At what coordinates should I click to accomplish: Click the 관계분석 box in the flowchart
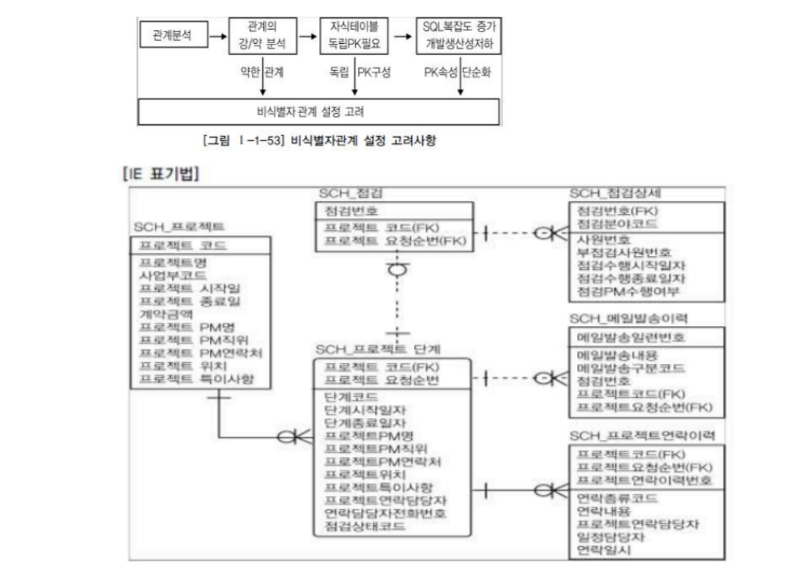click(x=172, y=35)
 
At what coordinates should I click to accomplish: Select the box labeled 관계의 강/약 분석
click(x=263, y=35)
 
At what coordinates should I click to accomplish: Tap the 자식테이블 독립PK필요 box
click(x=354, y=35)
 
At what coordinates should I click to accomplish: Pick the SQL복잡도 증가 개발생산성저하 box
click(x=458, y=35)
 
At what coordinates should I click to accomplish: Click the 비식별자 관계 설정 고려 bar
click(x=318, y=112)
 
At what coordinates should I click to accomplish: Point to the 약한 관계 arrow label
click(x=262, y=72)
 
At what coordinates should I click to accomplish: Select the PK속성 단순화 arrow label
click(x=457, y=72)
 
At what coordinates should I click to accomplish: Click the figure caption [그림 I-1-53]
click(x=319, y=141)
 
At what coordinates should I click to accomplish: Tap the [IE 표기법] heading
click(x=161, y=174)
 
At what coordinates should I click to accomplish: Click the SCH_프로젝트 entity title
click(x=179, y=227)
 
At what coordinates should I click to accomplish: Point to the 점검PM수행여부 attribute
click(x=628, y=291)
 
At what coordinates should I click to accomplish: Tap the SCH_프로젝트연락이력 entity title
click(x=643, y=435)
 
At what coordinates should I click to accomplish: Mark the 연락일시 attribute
click(x=604, y=550)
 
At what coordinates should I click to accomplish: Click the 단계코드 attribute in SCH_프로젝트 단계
click(x=351, y=397)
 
